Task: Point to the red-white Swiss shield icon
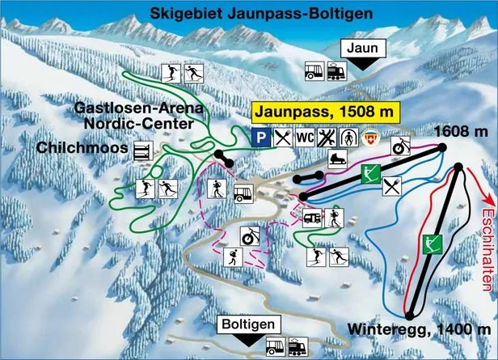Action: pos(370,138)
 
